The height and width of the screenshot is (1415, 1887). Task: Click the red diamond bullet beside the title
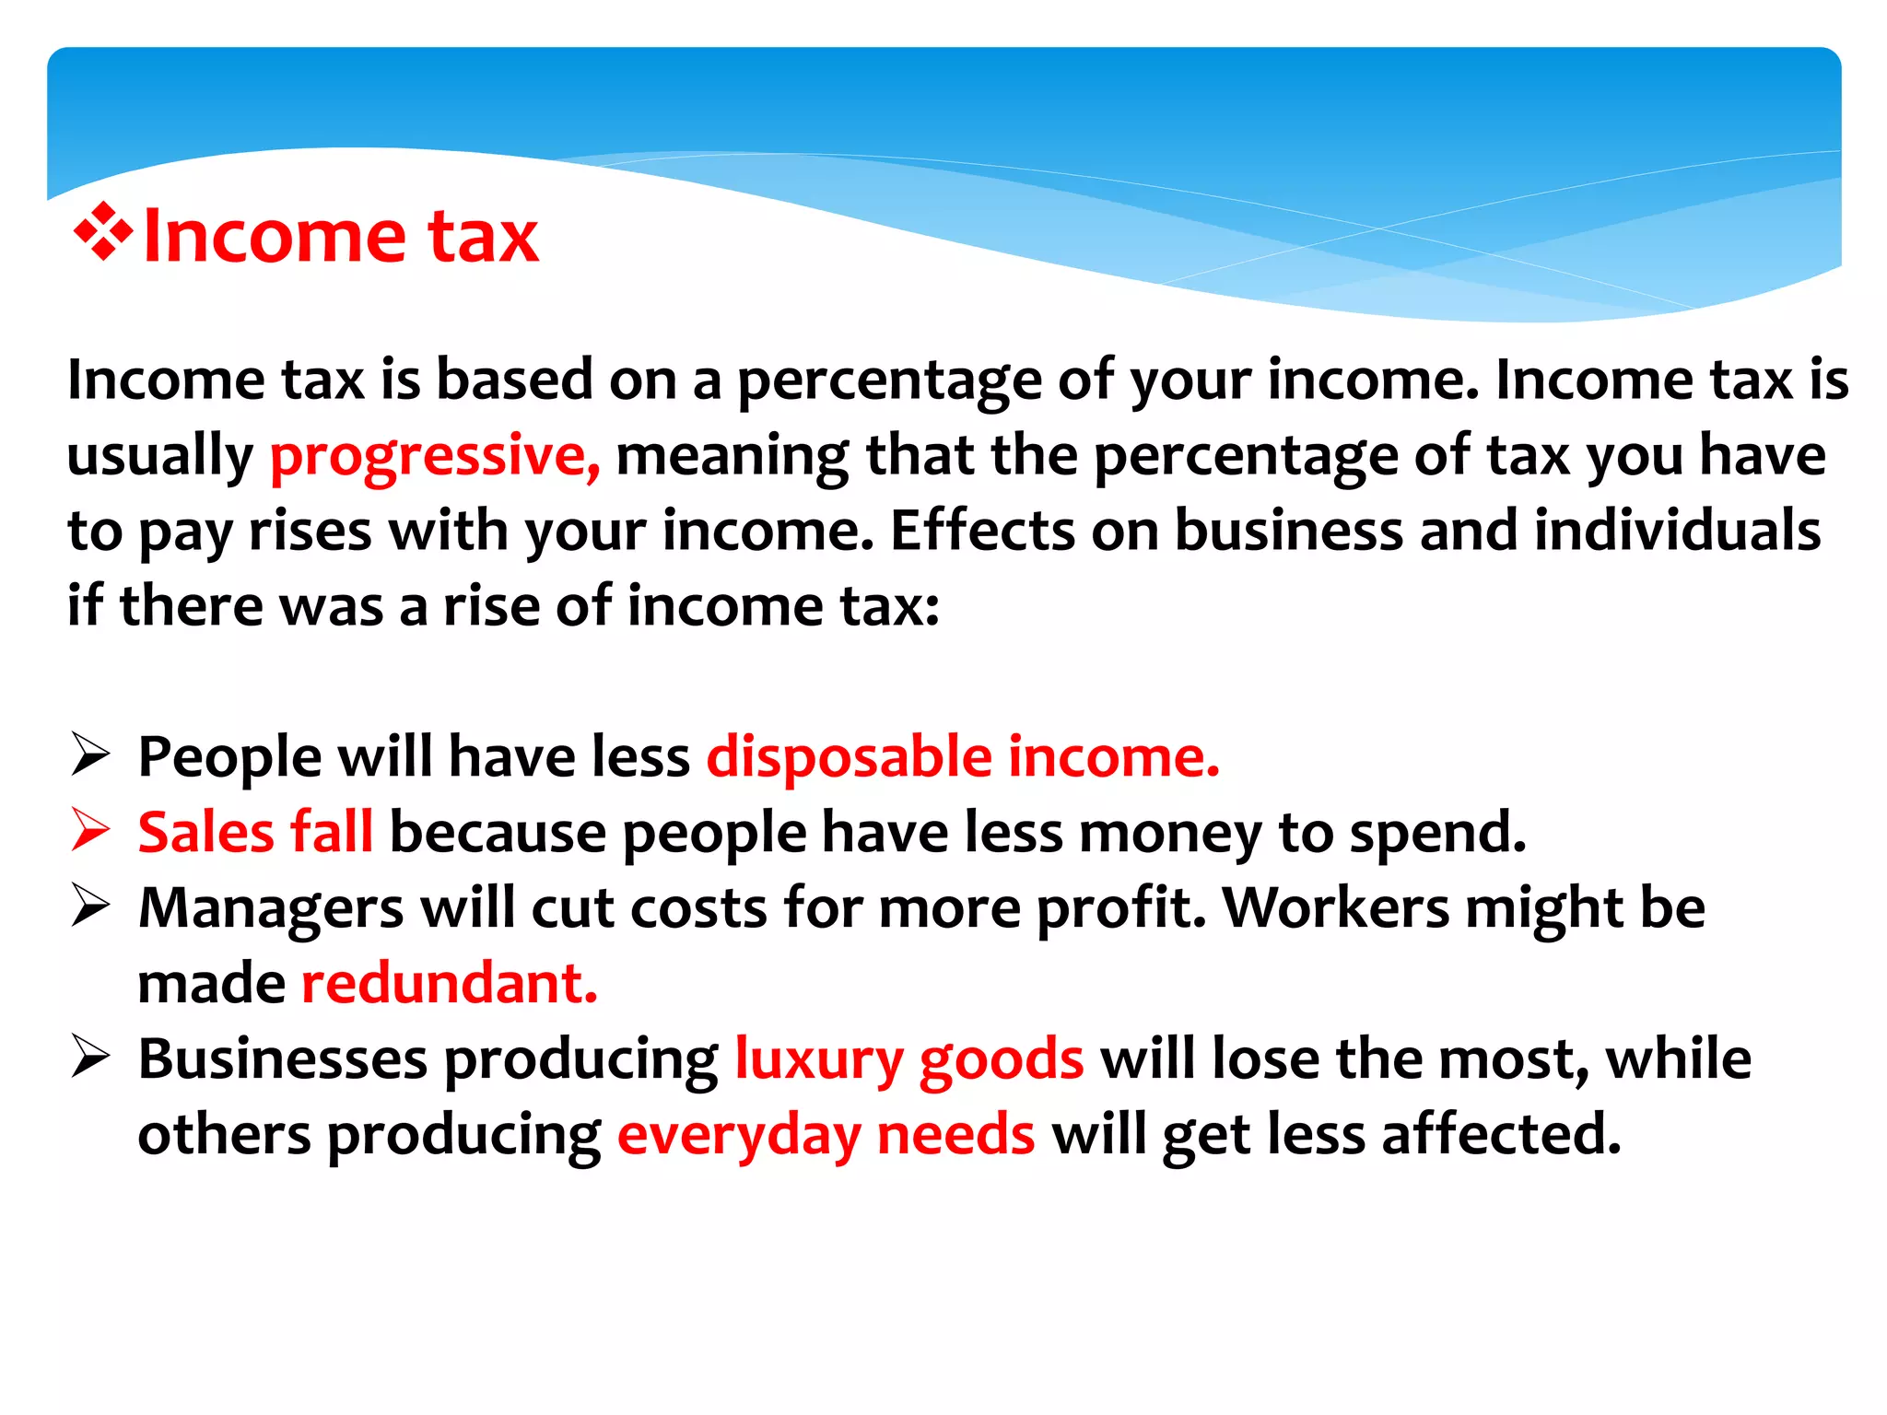(104, 231)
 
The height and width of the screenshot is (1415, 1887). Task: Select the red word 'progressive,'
(434, 456)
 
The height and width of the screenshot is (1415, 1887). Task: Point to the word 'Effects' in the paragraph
(982, 532)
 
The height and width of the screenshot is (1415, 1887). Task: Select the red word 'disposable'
(849, 757)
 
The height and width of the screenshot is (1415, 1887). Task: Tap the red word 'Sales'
(205, 832)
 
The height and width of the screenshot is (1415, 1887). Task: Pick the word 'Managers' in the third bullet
(271, 909)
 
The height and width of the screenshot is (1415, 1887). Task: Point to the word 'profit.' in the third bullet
(1121, 909)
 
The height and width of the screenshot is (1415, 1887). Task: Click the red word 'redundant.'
(450, 983)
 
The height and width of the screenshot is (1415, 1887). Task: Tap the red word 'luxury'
(818, 1060)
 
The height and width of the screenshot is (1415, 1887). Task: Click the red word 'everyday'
(739, 1136)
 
